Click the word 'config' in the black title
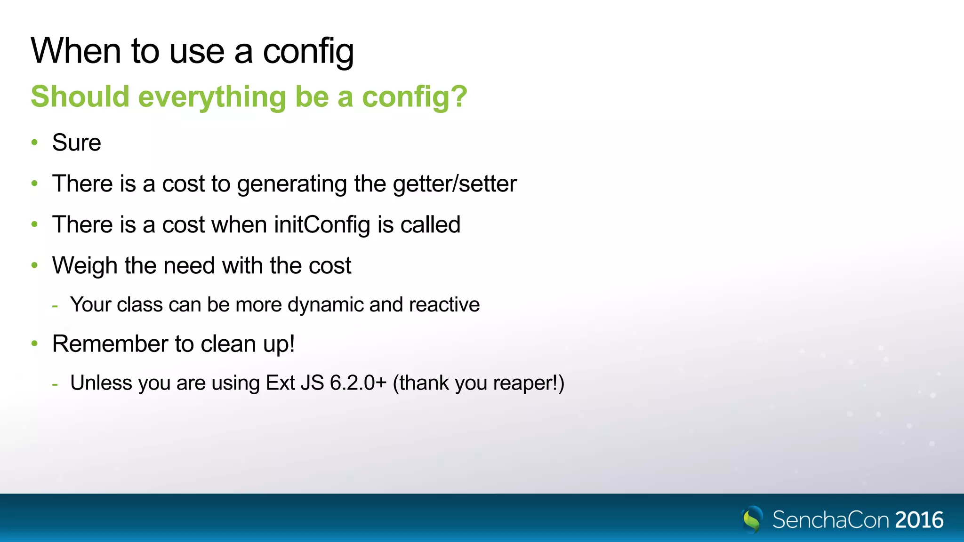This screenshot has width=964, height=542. coord(308,52)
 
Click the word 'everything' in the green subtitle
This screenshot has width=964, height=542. coord(212,97)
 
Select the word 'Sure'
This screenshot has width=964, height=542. coord(77,143)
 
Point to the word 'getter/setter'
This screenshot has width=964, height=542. coord(455,184)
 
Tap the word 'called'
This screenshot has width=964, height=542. coord(430,225)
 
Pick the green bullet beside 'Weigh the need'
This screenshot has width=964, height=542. coord(34,265)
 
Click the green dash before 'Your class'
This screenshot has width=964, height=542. coord(56,306)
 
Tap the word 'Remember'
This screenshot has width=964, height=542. coord(110,344)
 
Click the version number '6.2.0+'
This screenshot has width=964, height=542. coord(358,383)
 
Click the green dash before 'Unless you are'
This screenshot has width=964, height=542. coord(56,384)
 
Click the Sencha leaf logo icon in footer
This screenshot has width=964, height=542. coord(752,519)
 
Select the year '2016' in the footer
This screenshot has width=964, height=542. coord(919,520)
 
